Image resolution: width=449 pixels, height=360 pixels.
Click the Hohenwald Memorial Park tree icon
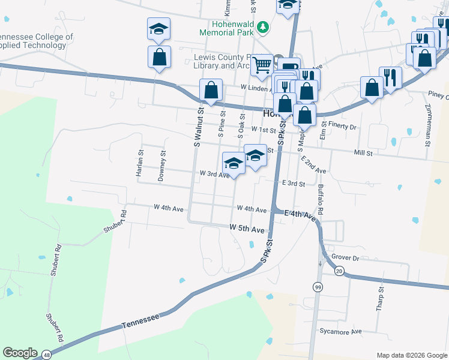(263, 27)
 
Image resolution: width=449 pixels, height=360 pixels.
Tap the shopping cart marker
(262, 64)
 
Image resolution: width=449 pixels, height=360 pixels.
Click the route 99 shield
(316, 287)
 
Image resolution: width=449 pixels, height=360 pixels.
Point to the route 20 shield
(339, 272)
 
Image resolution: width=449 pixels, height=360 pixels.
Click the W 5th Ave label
(247, 229)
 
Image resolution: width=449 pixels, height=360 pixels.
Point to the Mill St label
(364, 154)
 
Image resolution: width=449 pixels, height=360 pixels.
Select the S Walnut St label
(196, 127)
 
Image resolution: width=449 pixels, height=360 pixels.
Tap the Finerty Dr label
(343, 127)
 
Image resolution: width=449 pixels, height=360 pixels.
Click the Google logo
(20, 353)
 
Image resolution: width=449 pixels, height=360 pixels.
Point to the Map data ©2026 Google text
(411, 355)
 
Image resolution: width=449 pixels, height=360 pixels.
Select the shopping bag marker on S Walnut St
(211, 91)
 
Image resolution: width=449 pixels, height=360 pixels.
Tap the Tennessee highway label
(141, 319)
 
